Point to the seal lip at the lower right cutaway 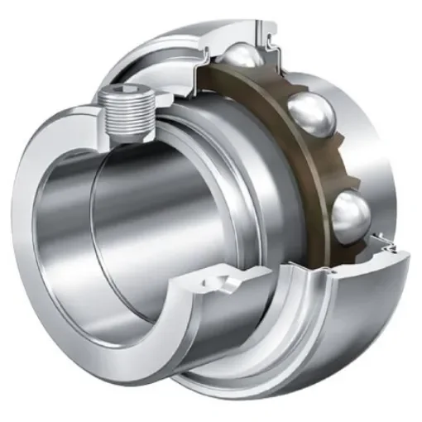pyautogui.click(x=382, y=242)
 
